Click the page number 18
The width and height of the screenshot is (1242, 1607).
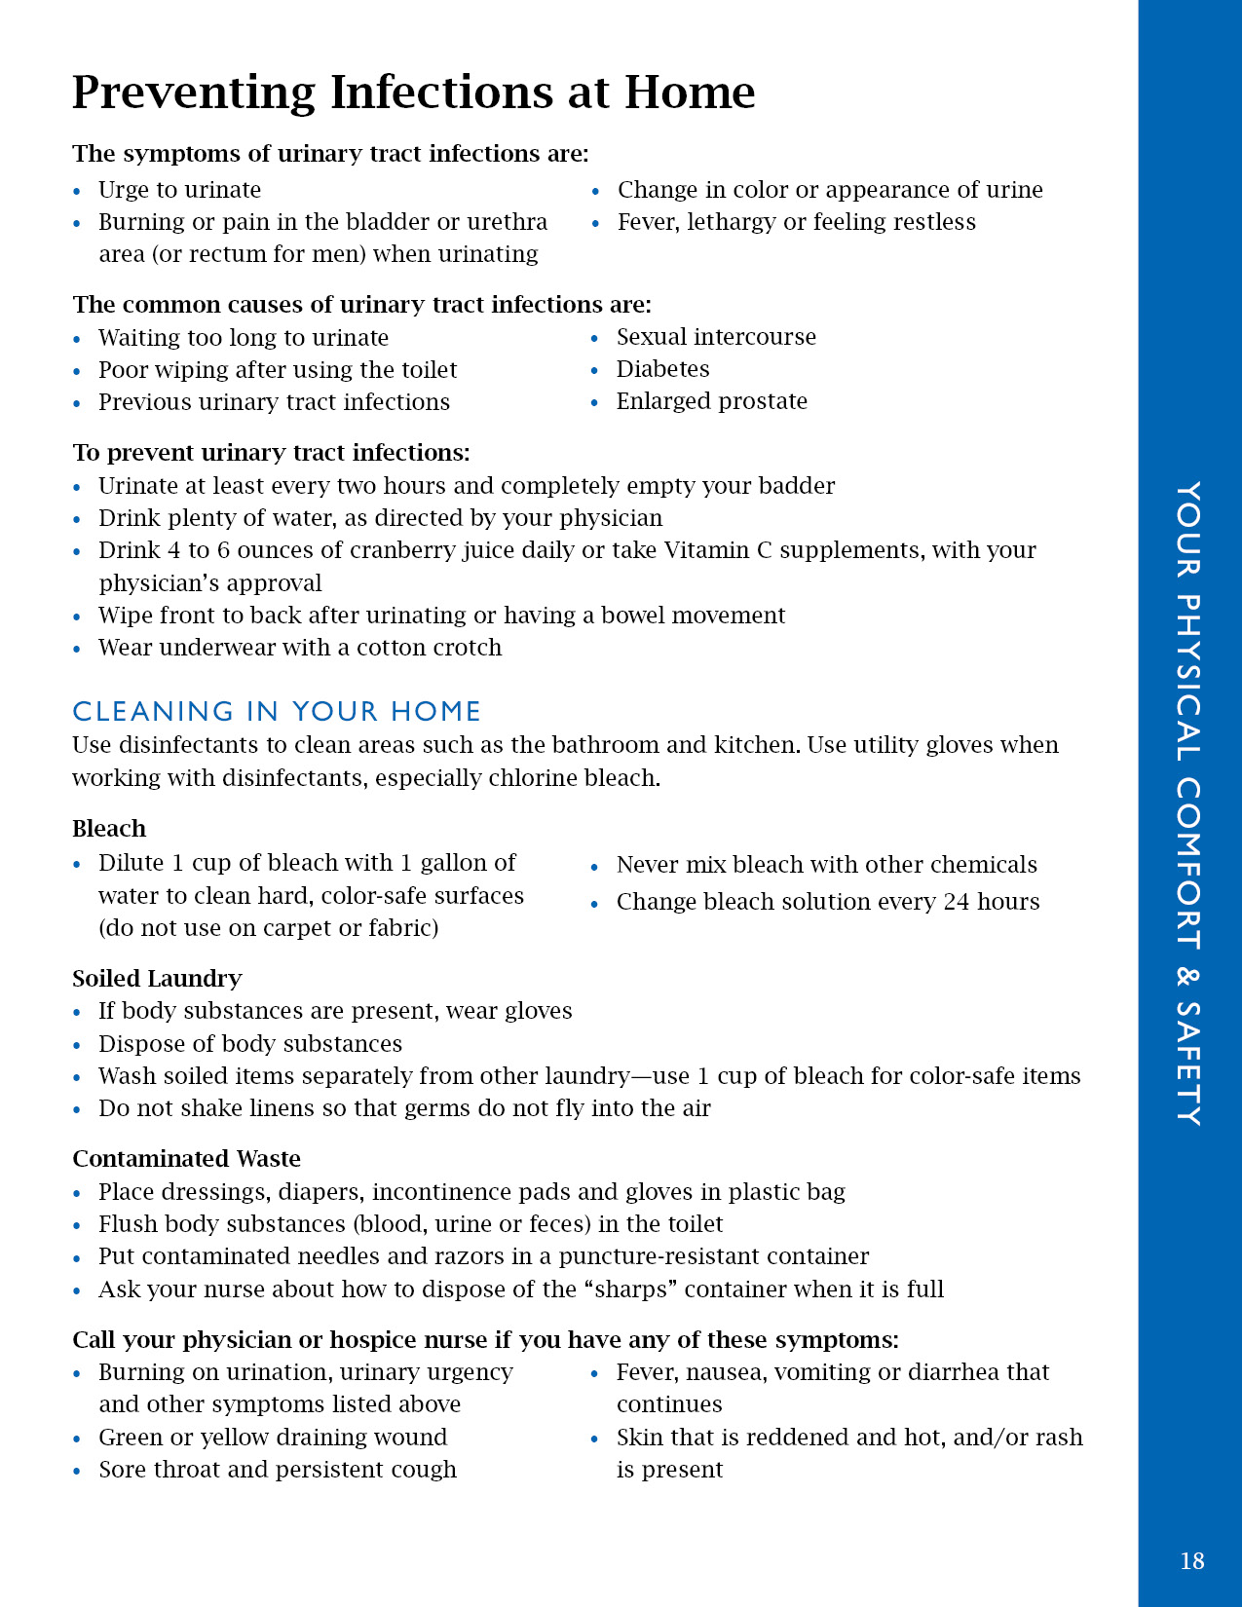click(1191, 1561)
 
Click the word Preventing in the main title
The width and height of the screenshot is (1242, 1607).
click(193, 93)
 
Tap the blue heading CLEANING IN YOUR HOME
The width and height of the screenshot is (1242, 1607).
click(277, 711)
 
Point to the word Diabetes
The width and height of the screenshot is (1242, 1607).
click(662, 369)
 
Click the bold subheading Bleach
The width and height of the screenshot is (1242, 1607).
click(109, 829)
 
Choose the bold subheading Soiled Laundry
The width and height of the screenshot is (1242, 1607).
click(157, 978)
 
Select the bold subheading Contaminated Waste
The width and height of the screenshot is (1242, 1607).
click(186, 1158)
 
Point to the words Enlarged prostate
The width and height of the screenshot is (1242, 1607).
click(711, 401)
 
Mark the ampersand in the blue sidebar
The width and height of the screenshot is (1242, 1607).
click(1188, 976)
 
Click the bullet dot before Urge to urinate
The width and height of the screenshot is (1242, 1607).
click(77, 192)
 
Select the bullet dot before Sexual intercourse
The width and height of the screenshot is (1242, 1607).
click(595, 339)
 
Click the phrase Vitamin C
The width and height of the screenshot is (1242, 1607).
click(718, 550)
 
